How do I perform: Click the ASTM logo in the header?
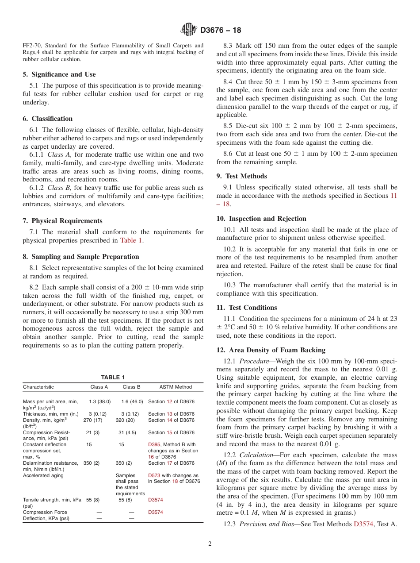(189, 31)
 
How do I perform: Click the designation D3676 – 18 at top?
(221, 31)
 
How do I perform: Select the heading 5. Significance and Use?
(59, 74)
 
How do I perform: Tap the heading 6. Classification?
(48, 119)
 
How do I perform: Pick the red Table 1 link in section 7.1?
(131, 240)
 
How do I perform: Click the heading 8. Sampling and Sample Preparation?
(81, 257)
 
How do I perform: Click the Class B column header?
(131, 387)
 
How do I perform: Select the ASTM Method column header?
(176, 387)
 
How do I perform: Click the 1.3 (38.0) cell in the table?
(99, 401)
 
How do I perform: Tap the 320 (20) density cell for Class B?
(125, 420)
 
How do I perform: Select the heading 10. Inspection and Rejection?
(261, 219)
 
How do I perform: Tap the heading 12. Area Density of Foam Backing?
(271, 350)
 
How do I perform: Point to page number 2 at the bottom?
(210, 544)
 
